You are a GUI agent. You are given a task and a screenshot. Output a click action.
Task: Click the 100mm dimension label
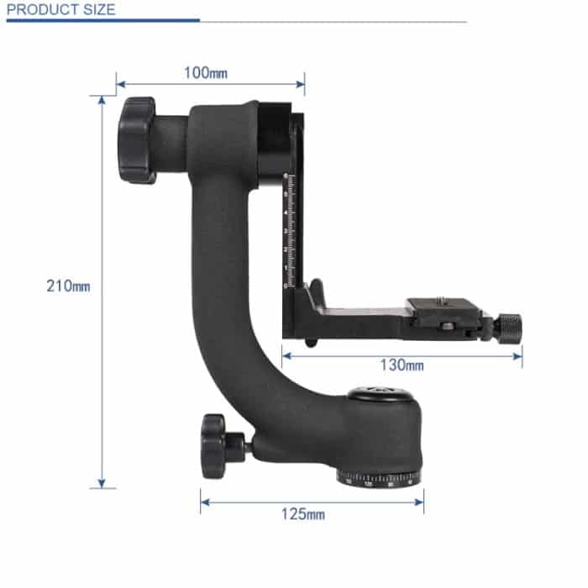[x=205, y=72]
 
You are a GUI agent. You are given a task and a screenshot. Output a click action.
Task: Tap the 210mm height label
[x=68, y=286]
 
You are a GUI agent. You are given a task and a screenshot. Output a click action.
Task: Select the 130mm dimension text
[x=402, y=365]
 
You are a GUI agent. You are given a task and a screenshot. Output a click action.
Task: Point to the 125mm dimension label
[x=302, y=514]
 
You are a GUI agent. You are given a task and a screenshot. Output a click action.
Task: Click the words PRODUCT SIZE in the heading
[x=60, y=10]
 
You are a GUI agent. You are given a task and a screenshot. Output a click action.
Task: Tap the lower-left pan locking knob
[x=215, y=445]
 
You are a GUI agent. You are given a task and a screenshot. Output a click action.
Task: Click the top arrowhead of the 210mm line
[x=102, y=100]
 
